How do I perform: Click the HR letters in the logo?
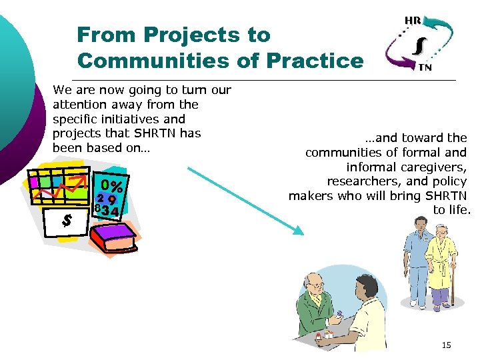[x=413, y=21]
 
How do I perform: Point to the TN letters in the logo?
[x=424, y=67]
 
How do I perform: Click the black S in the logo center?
[x=418, y=45]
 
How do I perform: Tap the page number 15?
[x=446, y=345]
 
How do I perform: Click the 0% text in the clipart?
[x=111, y=184]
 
